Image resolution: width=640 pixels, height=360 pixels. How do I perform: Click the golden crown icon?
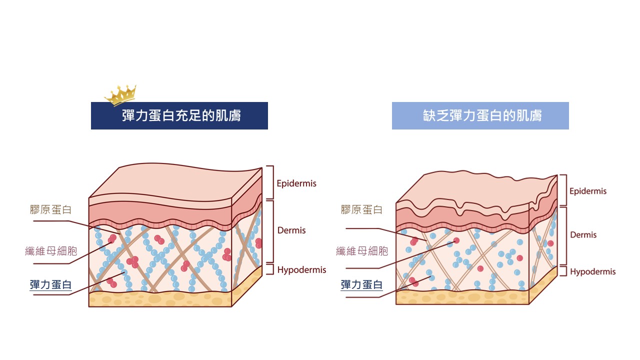tap(121, 95)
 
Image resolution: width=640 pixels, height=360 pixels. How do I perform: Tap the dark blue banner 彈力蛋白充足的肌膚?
tap(179, 115)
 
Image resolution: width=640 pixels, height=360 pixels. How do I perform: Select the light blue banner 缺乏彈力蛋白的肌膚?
tap(480, 115)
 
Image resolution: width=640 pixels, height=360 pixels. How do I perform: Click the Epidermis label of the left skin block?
tap(296, 183)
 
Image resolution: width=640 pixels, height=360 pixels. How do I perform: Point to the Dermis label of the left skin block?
tap(291, 230)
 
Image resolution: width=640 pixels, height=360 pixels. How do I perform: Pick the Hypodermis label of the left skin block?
tap(301, 270)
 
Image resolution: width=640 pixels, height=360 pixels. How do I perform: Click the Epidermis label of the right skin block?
tap(588, 191)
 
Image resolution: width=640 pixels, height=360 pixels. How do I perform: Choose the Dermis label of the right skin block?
tap(583, 235)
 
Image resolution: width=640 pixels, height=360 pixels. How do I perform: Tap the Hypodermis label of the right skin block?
tap(593, 271)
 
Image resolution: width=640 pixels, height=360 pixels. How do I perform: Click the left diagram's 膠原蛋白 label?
tap(50, 209)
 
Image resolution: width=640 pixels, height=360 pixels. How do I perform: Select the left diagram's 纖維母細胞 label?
tap(51, 251)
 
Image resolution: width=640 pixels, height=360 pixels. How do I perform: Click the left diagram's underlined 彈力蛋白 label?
tap(50, 285)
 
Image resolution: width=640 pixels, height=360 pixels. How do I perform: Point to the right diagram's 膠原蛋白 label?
tap(361, 209)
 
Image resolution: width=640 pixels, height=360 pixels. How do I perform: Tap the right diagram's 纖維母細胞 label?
tap(362, 251)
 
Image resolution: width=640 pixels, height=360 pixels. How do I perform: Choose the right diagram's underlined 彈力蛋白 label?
tap(361, 285)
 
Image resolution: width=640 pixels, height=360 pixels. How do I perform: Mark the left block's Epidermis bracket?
tap(273, 182)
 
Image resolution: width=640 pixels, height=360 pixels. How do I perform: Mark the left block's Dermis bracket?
tap(273, 231)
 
